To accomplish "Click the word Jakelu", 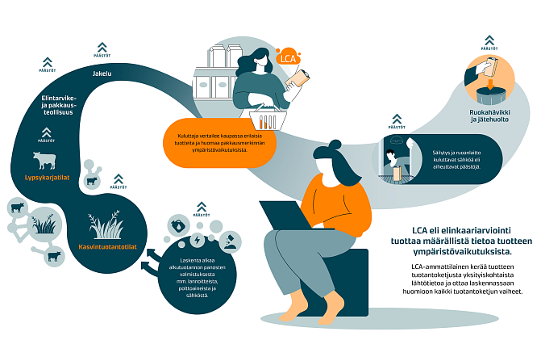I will pos(102,74).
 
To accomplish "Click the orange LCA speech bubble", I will pos(288,57).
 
